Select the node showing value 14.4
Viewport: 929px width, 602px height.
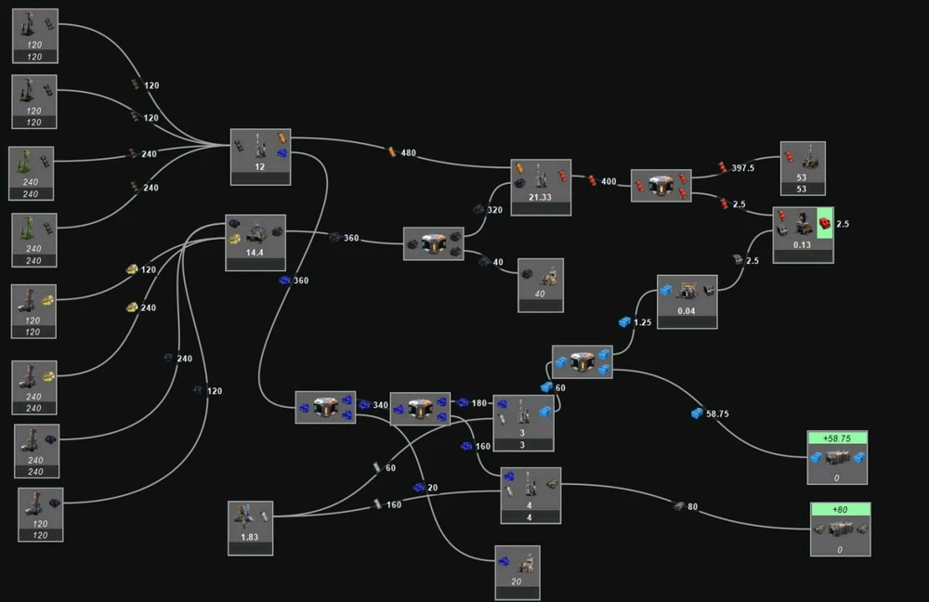[255, 242]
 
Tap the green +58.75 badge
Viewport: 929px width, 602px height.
[837, 438]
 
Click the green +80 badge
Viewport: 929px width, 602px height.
[840, 509]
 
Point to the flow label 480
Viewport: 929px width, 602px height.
[408, 152]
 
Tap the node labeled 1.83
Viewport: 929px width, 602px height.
[251, 528]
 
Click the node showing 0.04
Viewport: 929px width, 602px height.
[687, 301]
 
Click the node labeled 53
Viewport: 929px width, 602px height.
[803, 168]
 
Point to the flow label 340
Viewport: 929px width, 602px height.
[379, 404]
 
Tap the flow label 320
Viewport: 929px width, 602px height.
[494, 210]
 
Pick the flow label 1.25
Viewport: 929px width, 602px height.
[642, 322]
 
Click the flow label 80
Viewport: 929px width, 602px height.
[692, 506]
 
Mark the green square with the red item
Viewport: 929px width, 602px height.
[824, 223]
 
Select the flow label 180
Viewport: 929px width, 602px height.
[478, 403]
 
